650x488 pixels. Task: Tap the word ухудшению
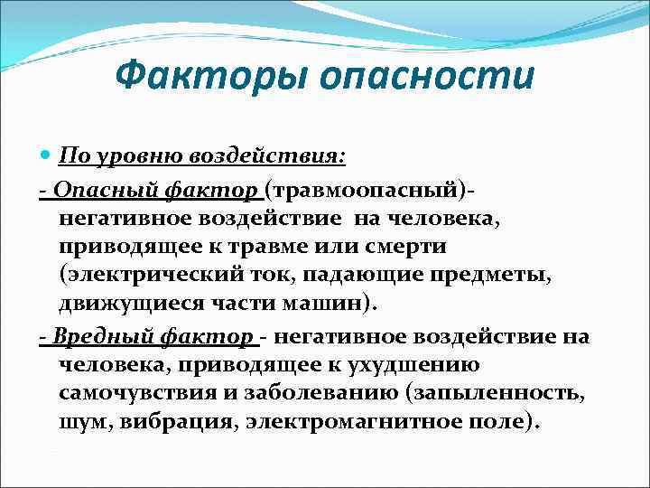click(422, 365)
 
